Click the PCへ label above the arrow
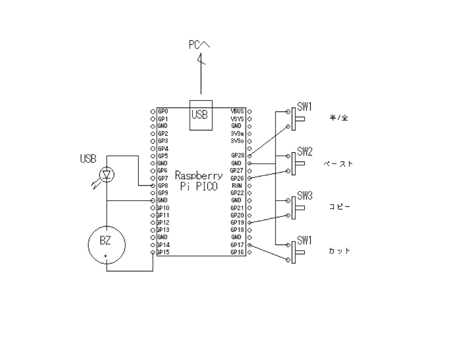click(x=199, y=45)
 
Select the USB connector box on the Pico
click(x=201, y=115)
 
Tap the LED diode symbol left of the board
click(x=106, y=175)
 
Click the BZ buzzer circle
click(x=106, y=245)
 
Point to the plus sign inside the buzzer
click(x=105, y=256)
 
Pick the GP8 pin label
click(x=163, y=186)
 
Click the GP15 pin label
click(x=163, y=252)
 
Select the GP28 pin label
click(x=238, y=155)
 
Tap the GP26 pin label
click(x=237, y=178)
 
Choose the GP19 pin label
click(x=237, y=223)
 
